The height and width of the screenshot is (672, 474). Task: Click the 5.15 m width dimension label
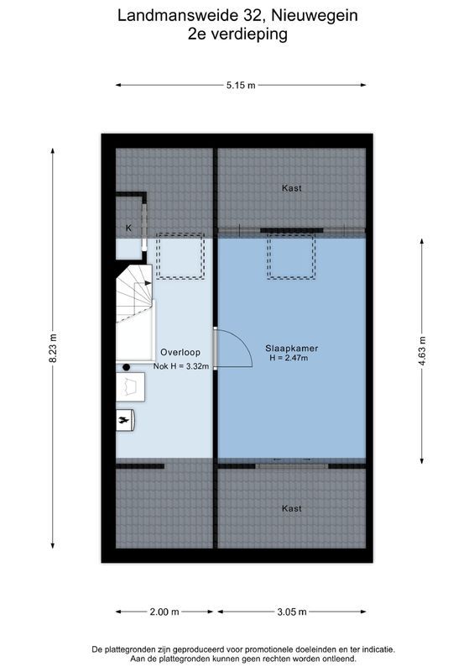pyautogui.click(x=241, y=85)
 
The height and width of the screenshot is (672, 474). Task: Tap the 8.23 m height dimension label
pyautogui.click(x=53, y=345)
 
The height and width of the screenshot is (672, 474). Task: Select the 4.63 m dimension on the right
pyautogui.click(x=422, y=349)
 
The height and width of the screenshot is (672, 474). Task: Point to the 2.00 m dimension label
pyautogui.click(x=164, y=612)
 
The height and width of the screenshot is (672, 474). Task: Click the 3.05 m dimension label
pyautogui.click(x=291, y=612)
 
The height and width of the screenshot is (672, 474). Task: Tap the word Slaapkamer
pyautogui.click(x=291, y=348)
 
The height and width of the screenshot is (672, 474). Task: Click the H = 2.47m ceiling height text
pyautogui.click(x=289, y=359)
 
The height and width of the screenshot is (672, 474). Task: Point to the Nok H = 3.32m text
pyautogui.click(x=180, y=366)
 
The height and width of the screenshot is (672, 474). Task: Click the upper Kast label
pyautogui.click(x=292, y=188)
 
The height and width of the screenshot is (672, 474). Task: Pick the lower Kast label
pyautogui.click(x=292, y=508)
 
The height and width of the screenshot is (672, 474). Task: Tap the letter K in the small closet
pyautogui.click(x=129, y=228)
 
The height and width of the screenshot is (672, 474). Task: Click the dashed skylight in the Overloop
pyautogui.click(x=180, y=255)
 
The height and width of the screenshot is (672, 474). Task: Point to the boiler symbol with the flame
pyautogui.click(x=125, y=417)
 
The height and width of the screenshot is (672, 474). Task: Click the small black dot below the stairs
pyautogui.click(x=127, y=367)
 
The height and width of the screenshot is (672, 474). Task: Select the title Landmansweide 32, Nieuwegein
pyautogui.click(x=238, y=15)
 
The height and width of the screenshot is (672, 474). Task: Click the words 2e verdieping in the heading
pyautogui.click(x=238, y=34)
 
